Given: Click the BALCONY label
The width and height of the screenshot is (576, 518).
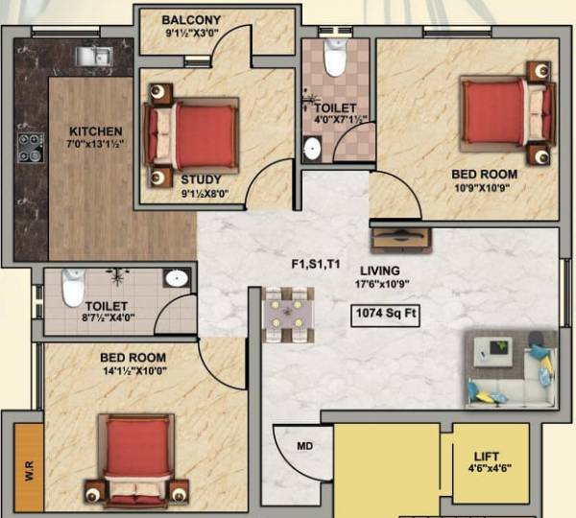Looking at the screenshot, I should pos(191,20).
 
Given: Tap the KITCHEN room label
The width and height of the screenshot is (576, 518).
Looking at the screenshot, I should pos(95,131).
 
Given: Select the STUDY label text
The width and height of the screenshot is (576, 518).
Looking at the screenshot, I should pos(201,179).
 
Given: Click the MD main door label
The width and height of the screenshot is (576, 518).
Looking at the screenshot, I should pos(304,446).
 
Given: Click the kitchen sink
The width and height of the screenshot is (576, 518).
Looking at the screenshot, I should pos(94,56).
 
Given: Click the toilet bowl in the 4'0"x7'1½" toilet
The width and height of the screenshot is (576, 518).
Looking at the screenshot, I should pos(334,59).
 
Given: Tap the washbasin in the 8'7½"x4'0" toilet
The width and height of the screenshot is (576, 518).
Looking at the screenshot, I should pos(176,278).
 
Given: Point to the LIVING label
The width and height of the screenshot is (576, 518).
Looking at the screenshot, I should pos(380,271).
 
